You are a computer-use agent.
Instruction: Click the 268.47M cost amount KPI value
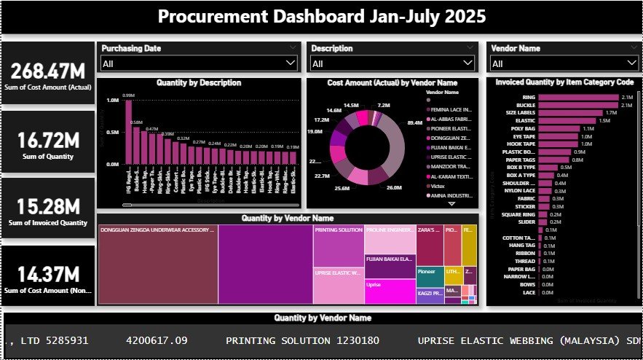click(x=48, y=71)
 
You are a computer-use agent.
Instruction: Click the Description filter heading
click(x=331, y=49)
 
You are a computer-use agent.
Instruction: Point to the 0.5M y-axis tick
click(x=113, y=133)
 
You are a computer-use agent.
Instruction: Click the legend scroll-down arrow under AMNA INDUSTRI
click(x=450, y=205)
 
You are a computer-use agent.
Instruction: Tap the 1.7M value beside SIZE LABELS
click(x=611, y=113)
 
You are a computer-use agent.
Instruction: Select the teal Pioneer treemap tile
click(x=428, y=275)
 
